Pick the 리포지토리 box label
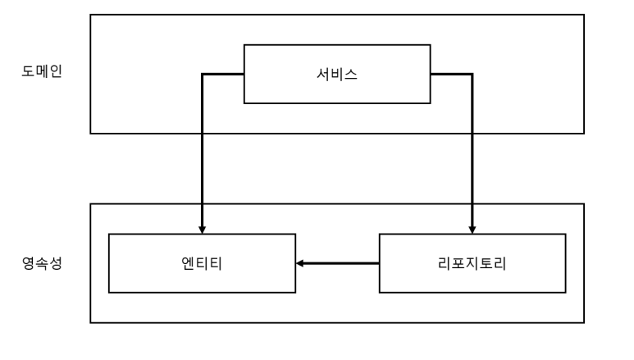click(x=472, y=263)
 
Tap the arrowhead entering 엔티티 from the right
click(x=300, y=263)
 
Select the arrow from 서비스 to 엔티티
click(x=201, y=156)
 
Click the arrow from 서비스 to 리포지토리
click(x=472, y=156)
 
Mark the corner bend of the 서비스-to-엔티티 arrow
click(x=201, y=74)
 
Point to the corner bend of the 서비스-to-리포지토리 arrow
click(x=472, y=74)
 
